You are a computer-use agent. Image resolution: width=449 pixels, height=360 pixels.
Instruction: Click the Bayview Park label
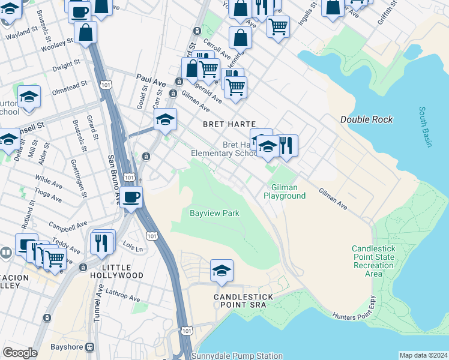(214, 213)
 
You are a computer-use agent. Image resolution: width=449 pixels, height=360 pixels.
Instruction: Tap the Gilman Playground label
(285, 191)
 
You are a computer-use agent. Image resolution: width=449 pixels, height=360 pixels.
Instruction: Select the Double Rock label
(366, 119)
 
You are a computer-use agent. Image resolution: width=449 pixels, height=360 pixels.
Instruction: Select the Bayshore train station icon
(90, 347)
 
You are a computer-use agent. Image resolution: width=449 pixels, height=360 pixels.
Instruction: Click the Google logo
(20, 353)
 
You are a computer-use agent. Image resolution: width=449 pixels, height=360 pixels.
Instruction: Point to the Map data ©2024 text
(423, 355)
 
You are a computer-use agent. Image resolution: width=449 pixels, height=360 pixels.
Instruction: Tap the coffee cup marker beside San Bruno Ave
(131, 196)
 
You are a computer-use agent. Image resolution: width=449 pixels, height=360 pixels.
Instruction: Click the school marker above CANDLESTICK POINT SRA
(221, 270)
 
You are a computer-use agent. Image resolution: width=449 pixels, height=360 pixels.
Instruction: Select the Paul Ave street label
(149, 78)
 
